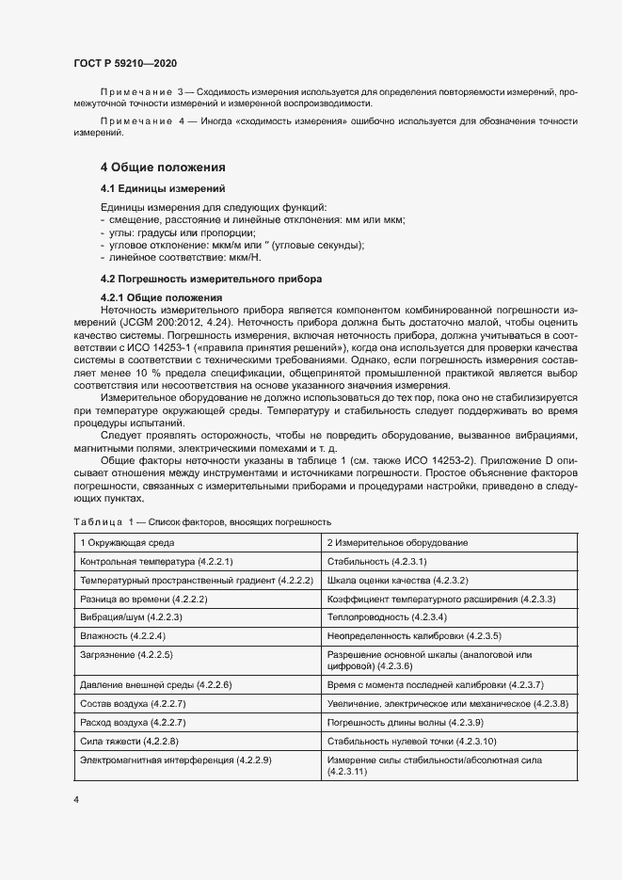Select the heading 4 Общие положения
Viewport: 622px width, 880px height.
tap(163, 167)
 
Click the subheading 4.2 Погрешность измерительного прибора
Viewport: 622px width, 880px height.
tap(211, 279)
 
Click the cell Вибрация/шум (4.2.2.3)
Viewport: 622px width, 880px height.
tap(131, 616)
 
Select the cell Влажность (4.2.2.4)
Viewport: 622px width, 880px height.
tap(122, 635)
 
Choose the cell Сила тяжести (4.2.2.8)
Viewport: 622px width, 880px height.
tap(128, 741)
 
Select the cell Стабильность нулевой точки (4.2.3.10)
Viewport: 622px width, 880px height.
tap(411, 741)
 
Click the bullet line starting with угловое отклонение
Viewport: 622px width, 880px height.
tap(235, 245)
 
